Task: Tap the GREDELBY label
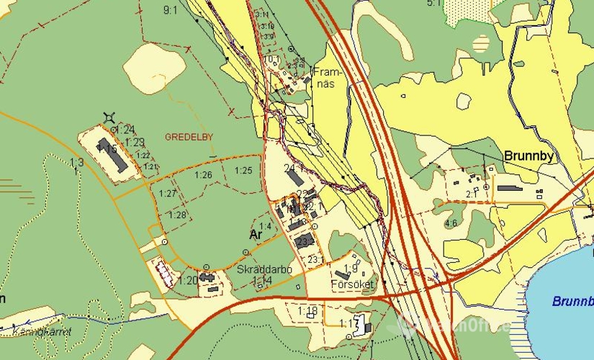point(189,136)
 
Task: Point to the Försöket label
point(352,284)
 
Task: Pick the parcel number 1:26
point(204,175)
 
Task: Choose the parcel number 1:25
point(243,170)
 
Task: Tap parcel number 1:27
point(168,193)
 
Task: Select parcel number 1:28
point(177,215)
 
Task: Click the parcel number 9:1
point(171,10)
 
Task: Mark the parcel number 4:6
point(451,223)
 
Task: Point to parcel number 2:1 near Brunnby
point(472,194)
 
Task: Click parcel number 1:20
point(189,280)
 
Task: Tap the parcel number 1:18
point(307,310)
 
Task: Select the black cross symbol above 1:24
point(109,117)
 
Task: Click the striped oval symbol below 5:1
point(481,43)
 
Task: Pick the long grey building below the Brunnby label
point(510,188)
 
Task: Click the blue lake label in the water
point(573,302)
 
